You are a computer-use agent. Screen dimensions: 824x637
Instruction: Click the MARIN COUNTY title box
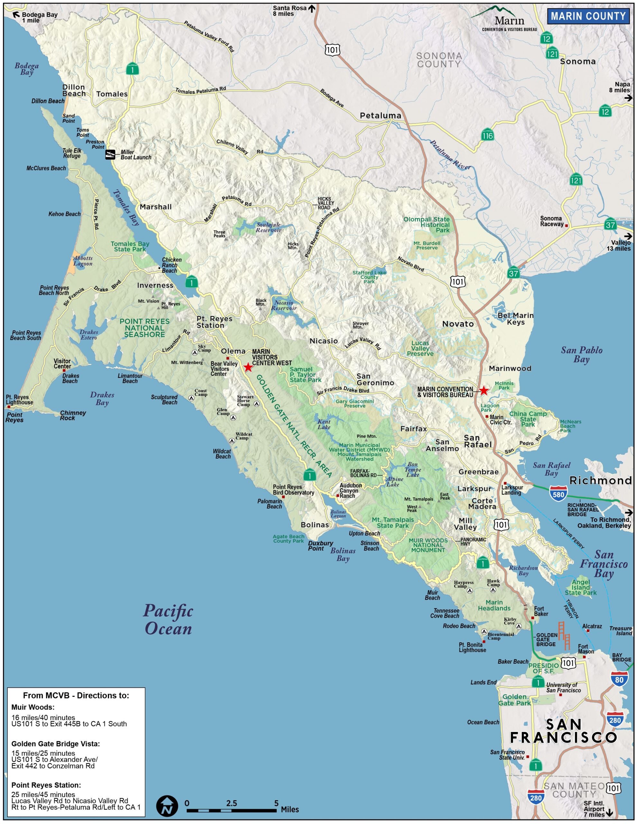[588, 16]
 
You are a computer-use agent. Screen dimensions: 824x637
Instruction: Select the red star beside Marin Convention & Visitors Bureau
[484, 391]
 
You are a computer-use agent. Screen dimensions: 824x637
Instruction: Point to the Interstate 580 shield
[558, 494]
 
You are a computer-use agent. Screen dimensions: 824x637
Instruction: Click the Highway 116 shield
[487, 135]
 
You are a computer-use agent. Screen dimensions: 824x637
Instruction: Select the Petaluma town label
[380, 116]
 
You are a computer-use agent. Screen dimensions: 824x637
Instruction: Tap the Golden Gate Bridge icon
[564, 635]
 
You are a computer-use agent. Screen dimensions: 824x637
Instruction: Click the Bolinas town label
[315, 525]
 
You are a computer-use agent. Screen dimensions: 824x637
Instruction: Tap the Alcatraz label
[592, 626]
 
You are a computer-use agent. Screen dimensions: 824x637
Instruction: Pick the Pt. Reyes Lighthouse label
[19, 399]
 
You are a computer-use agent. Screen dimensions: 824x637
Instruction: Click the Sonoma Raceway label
[552, 221]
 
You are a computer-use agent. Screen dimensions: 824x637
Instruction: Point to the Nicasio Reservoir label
[284, 305]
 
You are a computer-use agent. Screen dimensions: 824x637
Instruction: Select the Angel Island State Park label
[580, 587]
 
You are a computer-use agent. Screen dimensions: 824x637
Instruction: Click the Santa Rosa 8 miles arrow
[311, 8]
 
